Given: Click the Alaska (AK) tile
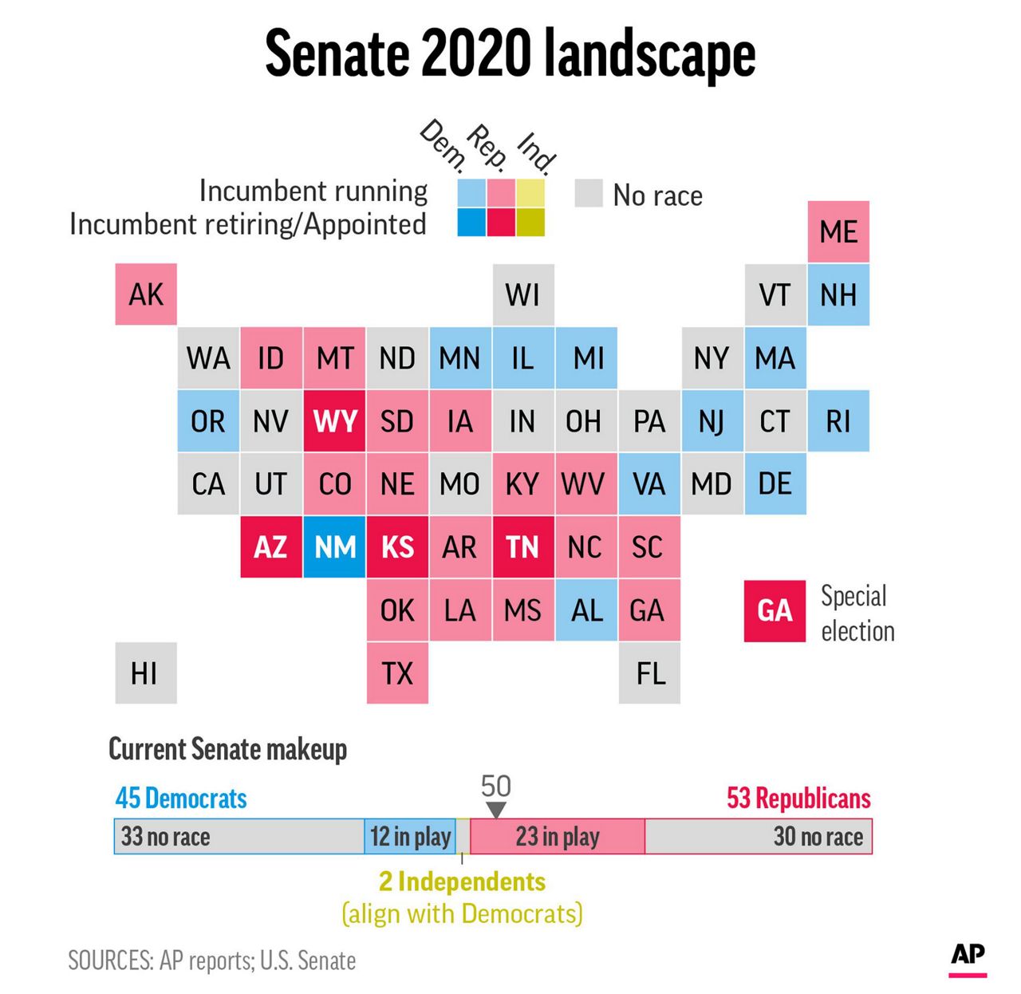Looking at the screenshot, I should pos(146,294).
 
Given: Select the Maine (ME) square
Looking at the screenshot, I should pos(838,231).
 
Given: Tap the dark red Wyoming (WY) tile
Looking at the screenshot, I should pos(334,420).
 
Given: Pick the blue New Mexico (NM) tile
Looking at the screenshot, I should pos(334,547).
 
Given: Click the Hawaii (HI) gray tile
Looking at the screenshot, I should pos(146,673).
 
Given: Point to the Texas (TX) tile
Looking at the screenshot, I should pos(397,673).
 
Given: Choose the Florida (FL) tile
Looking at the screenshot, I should pos(649,673).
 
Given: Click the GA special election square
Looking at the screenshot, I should pos(775,610).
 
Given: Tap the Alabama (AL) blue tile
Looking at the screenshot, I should pos(586,610).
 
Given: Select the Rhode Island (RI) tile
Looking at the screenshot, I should pos(838,420).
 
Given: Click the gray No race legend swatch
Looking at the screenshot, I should pos(589,193).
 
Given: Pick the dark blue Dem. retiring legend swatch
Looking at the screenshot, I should pos(471,223).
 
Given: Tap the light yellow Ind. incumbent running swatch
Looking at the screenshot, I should pos(530,193).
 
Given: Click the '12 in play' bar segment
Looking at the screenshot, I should pos(410,837).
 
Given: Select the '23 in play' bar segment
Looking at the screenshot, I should pos(557,837).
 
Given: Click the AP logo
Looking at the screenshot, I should pos(968,956).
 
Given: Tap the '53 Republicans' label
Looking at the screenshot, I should pos(798,798).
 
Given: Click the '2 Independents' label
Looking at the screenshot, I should pos(462,882).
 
